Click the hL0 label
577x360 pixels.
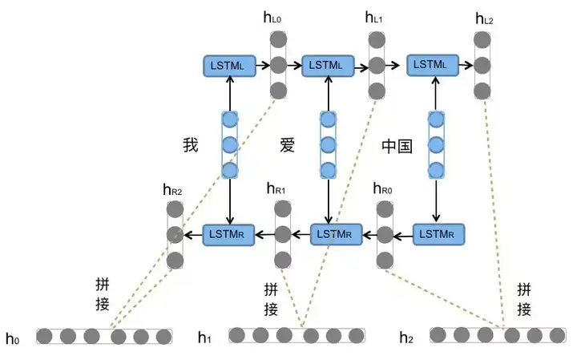[272, 18]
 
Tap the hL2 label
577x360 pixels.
[484, 18]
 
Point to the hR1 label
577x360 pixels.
[276, 188]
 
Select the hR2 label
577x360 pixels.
[172, 190]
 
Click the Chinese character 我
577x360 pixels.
[191, 144]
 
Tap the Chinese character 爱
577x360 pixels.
[288, 144]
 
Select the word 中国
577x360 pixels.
[397, 146]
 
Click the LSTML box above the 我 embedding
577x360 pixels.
[230, 67]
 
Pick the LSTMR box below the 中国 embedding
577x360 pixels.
[438, 234]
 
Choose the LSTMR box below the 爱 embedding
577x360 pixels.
[337, 234]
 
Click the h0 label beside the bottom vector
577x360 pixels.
[13, 338]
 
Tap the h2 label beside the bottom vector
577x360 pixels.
[406, 338]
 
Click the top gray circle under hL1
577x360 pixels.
[377, 40]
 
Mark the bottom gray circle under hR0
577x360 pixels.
[385, 261]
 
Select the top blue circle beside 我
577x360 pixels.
[230, 119]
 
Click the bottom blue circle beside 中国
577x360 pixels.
[436, 171]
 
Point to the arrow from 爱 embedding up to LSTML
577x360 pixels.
[329, 94]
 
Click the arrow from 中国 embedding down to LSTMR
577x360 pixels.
[436, 200]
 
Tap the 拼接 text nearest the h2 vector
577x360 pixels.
[524, 299]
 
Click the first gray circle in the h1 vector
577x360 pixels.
[237, 335]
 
